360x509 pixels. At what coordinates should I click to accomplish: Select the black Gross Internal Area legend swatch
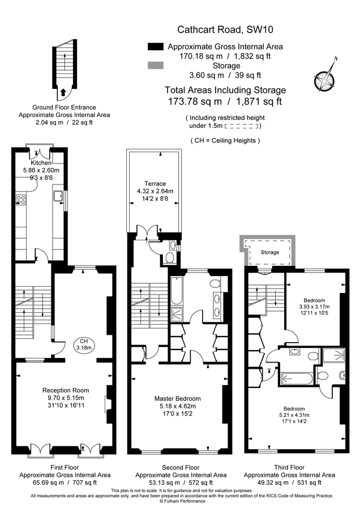click(155, 46)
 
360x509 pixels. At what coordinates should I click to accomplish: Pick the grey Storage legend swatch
click(155, 66)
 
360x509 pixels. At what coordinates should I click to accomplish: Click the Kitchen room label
click(41, 163)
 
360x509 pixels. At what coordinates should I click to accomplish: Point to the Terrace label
click(155, 184)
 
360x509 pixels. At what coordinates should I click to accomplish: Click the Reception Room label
click(66, 390)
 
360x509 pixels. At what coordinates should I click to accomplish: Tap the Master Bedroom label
click(177, 399)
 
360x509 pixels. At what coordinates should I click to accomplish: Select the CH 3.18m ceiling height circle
click(84, 344)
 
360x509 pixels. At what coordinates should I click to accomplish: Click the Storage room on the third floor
click(270, 252)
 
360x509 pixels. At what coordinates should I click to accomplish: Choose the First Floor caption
click(65, 468)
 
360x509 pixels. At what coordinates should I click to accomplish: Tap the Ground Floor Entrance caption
click(64, 107)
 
